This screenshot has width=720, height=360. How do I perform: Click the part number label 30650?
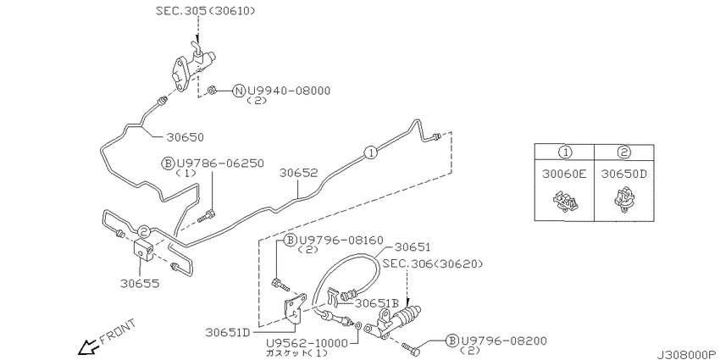coord(185,137)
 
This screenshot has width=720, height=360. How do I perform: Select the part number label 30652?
coord(299,173)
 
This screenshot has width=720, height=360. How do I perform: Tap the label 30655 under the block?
coord(140,283)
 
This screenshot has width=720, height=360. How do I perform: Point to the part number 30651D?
coord(228,331)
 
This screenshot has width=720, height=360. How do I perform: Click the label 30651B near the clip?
coord(376,302)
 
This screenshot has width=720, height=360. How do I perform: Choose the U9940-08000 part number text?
coord(289,91)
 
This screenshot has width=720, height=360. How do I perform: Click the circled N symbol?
coord(239,91)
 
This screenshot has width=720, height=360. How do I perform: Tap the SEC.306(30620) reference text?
coord(433,263)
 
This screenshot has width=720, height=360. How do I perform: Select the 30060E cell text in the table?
coord(564,174)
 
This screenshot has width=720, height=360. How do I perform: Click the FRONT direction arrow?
coord(88,347)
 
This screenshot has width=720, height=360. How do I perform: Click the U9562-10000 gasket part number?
coord(308,343)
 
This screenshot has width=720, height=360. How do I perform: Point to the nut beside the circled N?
coord(212,90)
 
